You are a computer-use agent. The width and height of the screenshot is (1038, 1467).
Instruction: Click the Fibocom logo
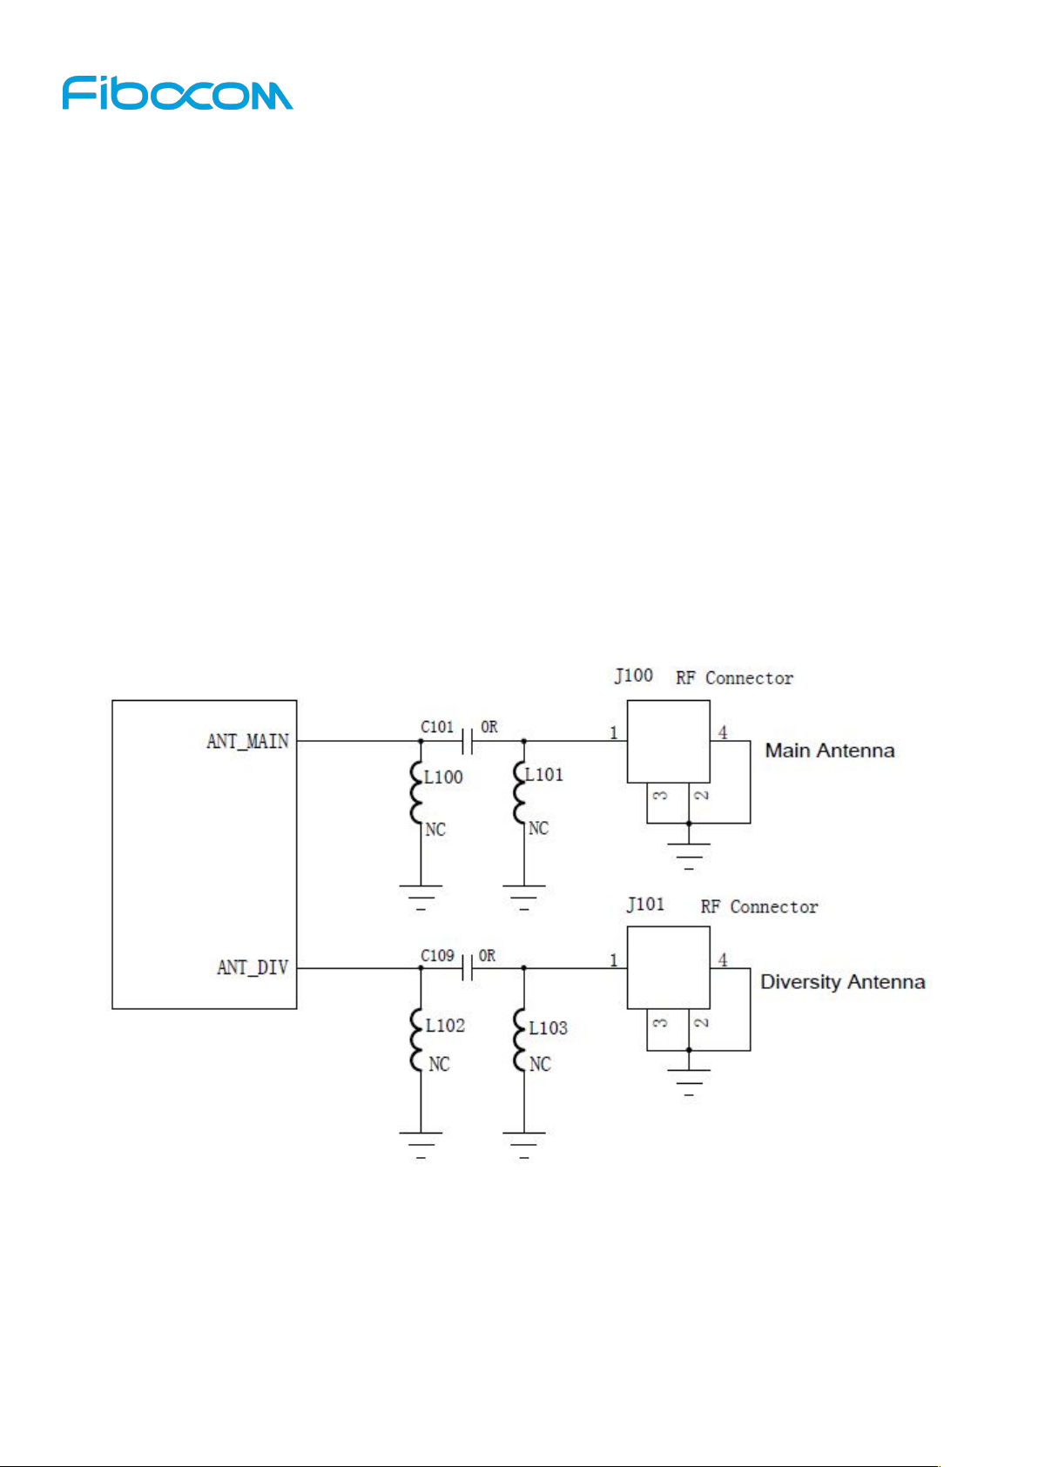[x=178, y=93]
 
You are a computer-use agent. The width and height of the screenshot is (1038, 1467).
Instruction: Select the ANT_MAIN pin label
[x=247, y=742]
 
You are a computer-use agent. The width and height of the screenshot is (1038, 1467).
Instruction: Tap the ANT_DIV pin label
[x=253, y=967]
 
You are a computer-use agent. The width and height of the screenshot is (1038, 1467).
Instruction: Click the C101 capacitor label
[x=437, y=726]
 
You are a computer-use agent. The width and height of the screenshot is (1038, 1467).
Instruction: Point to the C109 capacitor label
[x=437, y=956]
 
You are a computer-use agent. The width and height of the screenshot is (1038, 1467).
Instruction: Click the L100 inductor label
[x=443, y=777]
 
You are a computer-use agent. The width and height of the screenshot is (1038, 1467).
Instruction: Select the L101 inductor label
[x=544, y=775]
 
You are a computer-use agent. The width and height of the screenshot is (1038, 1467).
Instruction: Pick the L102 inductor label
[x=445, y=1026]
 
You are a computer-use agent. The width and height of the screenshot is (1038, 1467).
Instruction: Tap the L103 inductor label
[x=548, y=1028]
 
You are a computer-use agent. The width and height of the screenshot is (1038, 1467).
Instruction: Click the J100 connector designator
[x=633, y=676]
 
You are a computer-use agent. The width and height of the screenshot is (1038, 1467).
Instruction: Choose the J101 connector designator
[x=645, y=905]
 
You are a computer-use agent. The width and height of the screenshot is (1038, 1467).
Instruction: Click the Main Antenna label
[x=830, y=750]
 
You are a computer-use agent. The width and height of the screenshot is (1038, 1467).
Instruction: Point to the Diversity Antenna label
[x=843, y=982]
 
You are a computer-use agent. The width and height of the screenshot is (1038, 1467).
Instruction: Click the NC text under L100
[x=435, y=830]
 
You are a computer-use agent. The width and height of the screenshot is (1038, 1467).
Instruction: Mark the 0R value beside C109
[x=488, y=956]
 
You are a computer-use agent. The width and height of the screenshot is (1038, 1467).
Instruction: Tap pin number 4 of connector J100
[x=723, y=732]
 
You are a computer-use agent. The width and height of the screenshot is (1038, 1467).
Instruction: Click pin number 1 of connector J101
[x=614, y=960]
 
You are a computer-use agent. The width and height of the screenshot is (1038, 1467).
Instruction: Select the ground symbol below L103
[x=524, y=1146]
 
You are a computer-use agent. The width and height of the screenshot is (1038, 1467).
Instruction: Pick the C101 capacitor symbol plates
[x=467, y=742]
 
